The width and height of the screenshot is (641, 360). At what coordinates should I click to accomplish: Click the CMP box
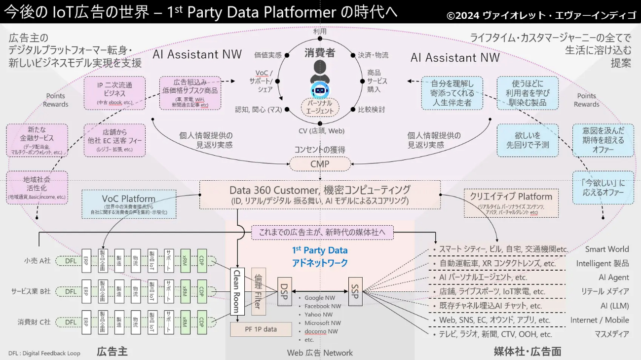point(320,164)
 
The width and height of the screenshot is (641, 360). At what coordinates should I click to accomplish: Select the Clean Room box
point(237,291)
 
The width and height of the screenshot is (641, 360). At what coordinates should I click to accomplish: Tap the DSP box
point(285,291)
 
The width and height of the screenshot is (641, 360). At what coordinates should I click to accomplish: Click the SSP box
point(355,291)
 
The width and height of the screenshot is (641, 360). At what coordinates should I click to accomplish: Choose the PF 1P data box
point(261,329)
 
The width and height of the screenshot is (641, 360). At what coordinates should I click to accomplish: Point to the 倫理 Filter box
point(259,291)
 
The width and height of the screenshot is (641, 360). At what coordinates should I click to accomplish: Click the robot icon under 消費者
point(319,91)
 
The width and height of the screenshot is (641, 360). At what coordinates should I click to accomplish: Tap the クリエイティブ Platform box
point(511,202)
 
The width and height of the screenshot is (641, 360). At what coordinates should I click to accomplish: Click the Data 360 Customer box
point(320,195)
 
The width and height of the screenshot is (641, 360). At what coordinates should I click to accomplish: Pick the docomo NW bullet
point(321,331)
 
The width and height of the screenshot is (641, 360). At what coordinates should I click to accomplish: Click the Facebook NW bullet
point(323,306)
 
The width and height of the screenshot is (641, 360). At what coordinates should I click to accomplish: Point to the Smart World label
point(607,249)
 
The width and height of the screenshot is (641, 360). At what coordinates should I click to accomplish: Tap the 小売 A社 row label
point(37,261)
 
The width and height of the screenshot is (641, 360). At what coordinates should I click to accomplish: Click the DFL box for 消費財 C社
point(71,322)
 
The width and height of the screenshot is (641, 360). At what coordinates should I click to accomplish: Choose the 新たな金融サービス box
point(37,141)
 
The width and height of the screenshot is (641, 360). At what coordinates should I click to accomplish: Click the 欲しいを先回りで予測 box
point(528,140)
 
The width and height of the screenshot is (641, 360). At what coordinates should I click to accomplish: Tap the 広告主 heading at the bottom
point(112,352)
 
